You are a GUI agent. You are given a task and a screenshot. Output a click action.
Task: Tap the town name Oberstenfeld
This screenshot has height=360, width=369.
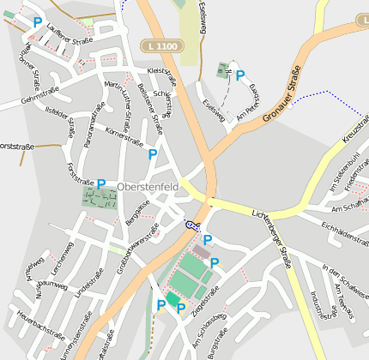(x=151, y=184)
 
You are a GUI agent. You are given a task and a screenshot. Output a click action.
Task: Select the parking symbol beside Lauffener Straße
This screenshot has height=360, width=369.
(x=37, y=23)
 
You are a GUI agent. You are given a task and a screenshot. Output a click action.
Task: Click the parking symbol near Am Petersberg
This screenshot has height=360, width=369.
(x=240, y=75)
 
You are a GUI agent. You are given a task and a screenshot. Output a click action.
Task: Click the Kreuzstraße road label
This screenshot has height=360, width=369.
(x=354, y=126)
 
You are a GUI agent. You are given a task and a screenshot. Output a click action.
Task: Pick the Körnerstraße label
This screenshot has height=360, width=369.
(x=124, y=136)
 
